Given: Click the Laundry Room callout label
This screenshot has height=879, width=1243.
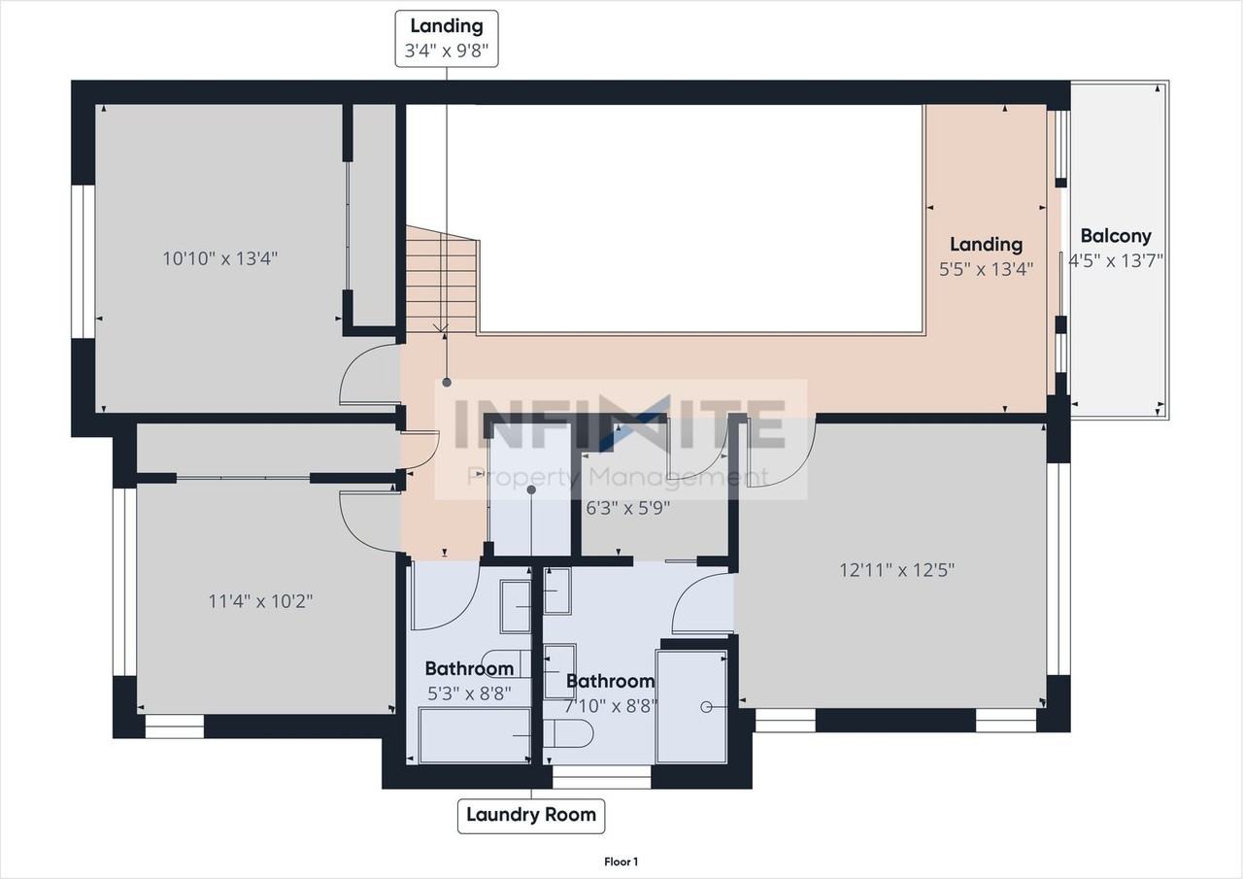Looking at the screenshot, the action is point(531,816).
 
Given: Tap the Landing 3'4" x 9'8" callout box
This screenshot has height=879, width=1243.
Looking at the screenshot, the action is point(447,39).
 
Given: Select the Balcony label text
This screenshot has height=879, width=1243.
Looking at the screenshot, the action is point(1116,236).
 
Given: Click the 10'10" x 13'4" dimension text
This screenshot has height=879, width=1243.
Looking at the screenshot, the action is point(219,258).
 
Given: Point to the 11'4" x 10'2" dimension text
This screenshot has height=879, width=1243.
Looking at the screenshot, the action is point(260,601).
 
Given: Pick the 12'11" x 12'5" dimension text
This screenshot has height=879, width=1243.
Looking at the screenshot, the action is point(896,570).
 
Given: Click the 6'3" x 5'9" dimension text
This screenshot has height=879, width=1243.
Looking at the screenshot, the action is point(627,508).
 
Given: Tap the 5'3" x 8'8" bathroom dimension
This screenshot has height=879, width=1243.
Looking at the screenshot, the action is point(469,693).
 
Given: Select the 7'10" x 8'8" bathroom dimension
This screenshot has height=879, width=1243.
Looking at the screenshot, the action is point(611,706).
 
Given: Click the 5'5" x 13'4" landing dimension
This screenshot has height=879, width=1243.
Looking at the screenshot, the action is point(986,270).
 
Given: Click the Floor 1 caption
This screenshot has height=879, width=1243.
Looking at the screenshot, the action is point(621,862).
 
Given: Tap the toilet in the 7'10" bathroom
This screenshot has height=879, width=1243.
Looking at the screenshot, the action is point(568,733).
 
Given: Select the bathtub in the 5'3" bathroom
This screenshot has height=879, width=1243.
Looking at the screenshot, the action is point(475,735).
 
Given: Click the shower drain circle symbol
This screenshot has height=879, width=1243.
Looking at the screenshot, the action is point(706,707).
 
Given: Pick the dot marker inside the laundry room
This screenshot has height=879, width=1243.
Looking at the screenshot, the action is point(531,490).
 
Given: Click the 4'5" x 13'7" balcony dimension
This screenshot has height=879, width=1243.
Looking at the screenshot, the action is point(1116,261).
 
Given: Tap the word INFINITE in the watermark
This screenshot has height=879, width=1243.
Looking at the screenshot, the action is point(621,423).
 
